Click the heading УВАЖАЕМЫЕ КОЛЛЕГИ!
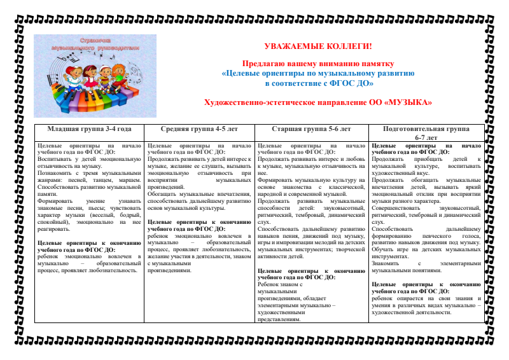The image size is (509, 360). pos(317,46)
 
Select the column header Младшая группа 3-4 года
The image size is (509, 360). pos(89,129)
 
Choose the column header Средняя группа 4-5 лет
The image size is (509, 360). pos(199,129)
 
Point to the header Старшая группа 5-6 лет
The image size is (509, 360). pos(310,129)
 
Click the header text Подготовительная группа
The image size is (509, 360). pos(426,129)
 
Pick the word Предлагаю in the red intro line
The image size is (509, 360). pos(261,64)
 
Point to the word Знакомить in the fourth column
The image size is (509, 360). pos(387,263)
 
